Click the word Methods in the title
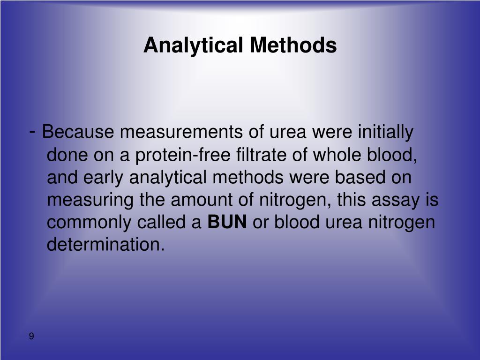(x=292, y=45)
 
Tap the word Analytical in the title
(x=194, y=45)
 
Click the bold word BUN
(x=227, y=222)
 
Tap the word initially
(x=385, y=133)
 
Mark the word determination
(x=106, y=245)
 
